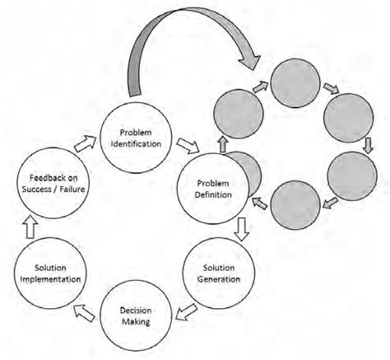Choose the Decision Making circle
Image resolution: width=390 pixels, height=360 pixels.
[135, 313]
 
